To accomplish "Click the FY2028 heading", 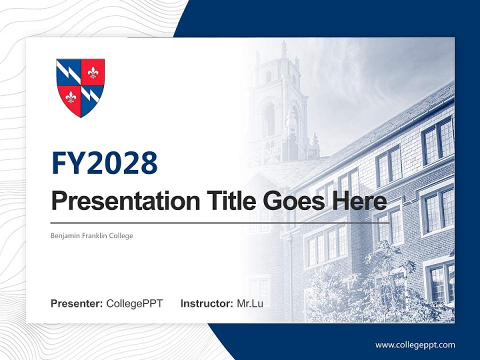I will point(104,163).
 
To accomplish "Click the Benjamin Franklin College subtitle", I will point(91,235).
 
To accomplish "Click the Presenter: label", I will point(76,303).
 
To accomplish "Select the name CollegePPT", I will point(134,303).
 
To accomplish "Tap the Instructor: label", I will point(206,303).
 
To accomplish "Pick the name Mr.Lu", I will point(250,303).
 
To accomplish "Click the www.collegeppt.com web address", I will point(415,344).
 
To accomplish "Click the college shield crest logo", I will point(80,87).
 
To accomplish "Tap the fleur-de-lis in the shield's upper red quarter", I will point(92,72).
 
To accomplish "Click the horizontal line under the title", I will point(220,222).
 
